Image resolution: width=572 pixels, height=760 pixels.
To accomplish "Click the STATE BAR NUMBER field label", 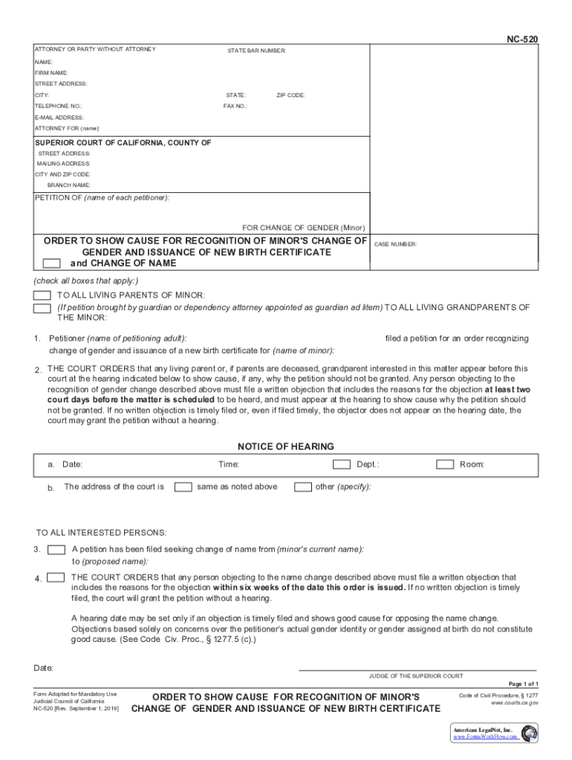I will [256, 50].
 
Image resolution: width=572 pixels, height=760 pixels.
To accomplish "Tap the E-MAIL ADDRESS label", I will [59, 117].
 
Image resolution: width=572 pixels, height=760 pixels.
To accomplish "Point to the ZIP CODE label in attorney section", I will [290, 96].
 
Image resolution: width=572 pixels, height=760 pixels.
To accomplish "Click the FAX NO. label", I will [235, 106].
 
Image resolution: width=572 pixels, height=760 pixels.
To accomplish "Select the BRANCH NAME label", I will [69, 184].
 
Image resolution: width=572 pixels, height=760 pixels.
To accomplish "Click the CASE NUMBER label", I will [395, 244].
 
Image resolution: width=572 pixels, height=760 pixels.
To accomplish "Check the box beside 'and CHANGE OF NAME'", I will [52, 263].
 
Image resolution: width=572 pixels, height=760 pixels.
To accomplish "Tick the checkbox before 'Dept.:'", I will [341, 465].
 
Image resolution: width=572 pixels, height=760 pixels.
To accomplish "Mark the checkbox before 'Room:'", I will [445, 465].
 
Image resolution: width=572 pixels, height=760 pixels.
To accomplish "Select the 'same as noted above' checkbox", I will [182, 487].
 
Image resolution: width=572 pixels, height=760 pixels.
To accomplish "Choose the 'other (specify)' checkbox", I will [302, 487].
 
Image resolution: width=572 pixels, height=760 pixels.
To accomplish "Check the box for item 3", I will [56, 550].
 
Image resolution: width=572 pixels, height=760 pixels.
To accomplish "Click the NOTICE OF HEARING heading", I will [285, 447].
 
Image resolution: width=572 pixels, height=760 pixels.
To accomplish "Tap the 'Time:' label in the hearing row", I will [228, 465].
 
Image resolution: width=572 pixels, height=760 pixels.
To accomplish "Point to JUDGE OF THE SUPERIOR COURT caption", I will [416, 676].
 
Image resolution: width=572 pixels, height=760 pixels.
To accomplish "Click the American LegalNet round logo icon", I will [529, 733].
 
